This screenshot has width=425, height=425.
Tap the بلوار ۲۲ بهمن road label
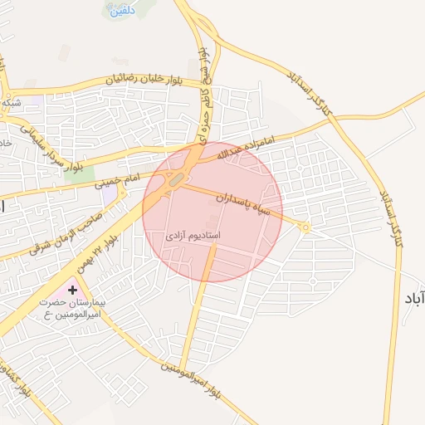coord(97,252)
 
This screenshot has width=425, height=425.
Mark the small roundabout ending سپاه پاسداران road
coord(305,227)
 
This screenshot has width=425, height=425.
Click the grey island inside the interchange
coord(177,179)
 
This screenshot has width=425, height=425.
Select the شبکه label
coord(12,102)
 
